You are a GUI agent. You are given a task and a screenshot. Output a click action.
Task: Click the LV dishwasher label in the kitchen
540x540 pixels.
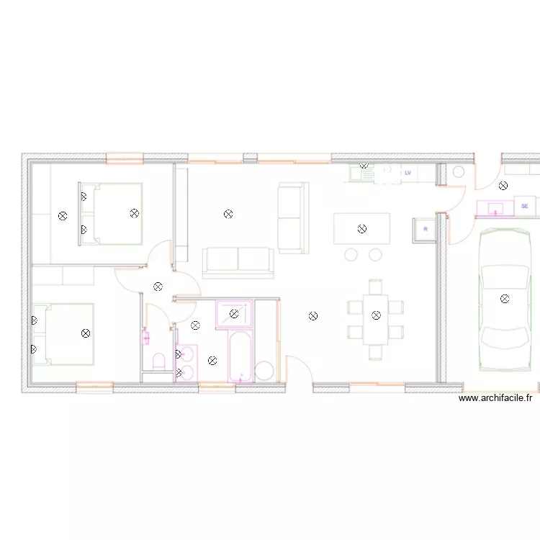(x=408, y=173)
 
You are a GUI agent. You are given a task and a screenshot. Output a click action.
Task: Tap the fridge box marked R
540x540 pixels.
(x=425, y=229)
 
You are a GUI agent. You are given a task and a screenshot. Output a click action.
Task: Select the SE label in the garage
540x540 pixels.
(x=524, y=207)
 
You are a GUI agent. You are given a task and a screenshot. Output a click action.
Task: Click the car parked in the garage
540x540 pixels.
(x=505, y=299)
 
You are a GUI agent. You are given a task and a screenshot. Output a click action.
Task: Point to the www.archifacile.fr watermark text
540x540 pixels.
(x=495, y=397)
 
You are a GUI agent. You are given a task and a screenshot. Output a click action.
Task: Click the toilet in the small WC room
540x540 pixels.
(x=158, y=360)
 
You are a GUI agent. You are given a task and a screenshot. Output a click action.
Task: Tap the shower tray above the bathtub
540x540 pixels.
(x=233, y=314)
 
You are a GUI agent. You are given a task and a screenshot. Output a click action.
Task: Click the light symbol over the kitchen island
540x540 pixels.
(x=362, y=229)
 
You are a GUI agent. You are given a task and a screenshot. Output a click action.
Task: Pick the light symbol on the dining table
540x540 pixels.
(x=376, y=315)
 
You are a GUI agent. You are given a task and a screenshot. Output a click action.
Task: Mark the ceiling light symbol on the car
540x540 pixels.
(x=505, y=298)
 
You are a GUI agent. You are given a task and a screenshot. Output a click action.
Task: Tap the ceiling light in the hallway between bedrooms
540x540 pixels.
(x=158, y=287)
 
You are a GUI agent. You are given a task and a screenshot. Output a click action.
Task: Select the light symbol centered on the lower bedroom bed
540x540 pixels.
(x=86, y=333)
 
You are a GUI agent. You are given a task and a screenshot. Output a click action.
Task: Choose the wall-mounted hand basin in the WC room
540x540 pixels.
(x=147, y=336)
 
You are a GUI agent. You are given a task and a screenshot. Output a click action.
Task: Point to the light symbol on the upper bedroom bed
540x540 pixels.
(x=134, y=212)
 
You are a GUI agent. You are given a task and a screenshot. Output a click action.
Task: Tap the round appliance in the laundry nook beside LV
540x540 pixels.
(x=458, y=174)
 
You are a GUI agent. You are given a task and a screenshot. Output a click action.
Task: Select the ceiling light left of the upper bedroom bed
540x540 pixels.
(x=63, y=215)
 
